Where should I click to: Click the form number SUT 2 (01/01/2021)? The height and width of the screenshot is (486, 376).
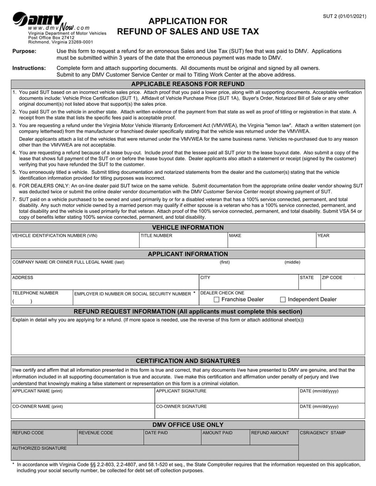click(x=344, y=16)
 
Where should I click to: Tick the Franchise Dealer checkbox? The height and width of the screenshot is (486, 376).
click(x=217, y=300)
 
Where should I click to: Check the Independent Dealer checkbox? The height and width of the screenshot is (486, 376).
click(x=283, y=300)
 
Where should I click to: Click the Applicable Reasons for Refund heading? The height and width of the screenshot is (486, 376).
click(x=188, y=84)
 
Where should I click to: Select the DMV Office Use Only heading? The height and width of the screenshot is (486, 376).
click(x=188, y=424)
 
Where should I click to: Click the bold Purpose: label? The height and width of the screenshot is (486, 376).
click(x=24, y=51)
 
